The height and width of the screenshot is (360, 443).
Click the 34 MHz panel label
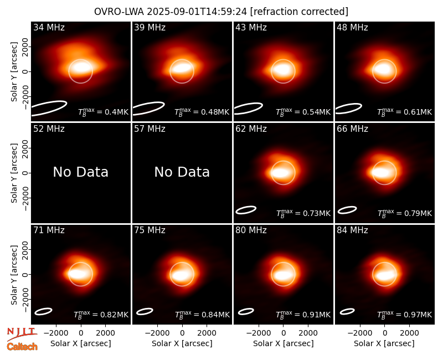point(49,27)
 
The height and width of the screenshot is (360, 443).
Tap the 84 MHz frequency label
point(352,230)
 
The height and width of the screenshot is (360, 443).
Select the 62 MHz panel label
point(251,129)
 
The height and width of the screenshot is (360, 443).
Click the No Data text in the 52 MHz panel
point(80,172)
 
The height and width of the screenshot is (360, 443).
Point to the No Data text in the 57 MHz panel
point(182,172)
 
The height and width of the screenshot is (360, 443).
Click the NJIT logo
point(22,334)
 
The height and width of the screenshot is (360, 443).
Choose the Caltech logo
point(22,347)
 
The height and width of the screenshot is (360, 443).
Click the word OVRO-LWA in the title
point(119,12)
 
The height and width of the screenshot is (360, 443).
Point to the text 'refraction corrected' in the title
point(299,12)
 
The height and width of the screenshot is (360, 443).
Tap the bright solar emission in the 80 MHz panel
point(284,275)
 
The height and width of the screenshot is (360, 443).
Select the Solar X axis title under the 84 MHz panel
point(384,343)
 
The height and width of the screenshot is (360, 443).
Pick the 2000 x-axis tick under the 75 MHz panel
point(207,333)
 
